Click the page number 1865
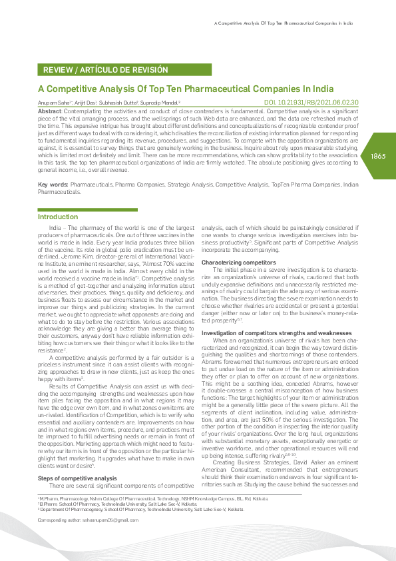pos(377,155)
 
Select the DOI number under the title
pos(311,102)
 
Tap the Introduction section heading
pos(58,217)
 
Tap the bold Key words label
pos(53,183)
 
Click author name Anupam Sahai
pos(53,103)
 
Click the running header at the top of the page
pos(283,23)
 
